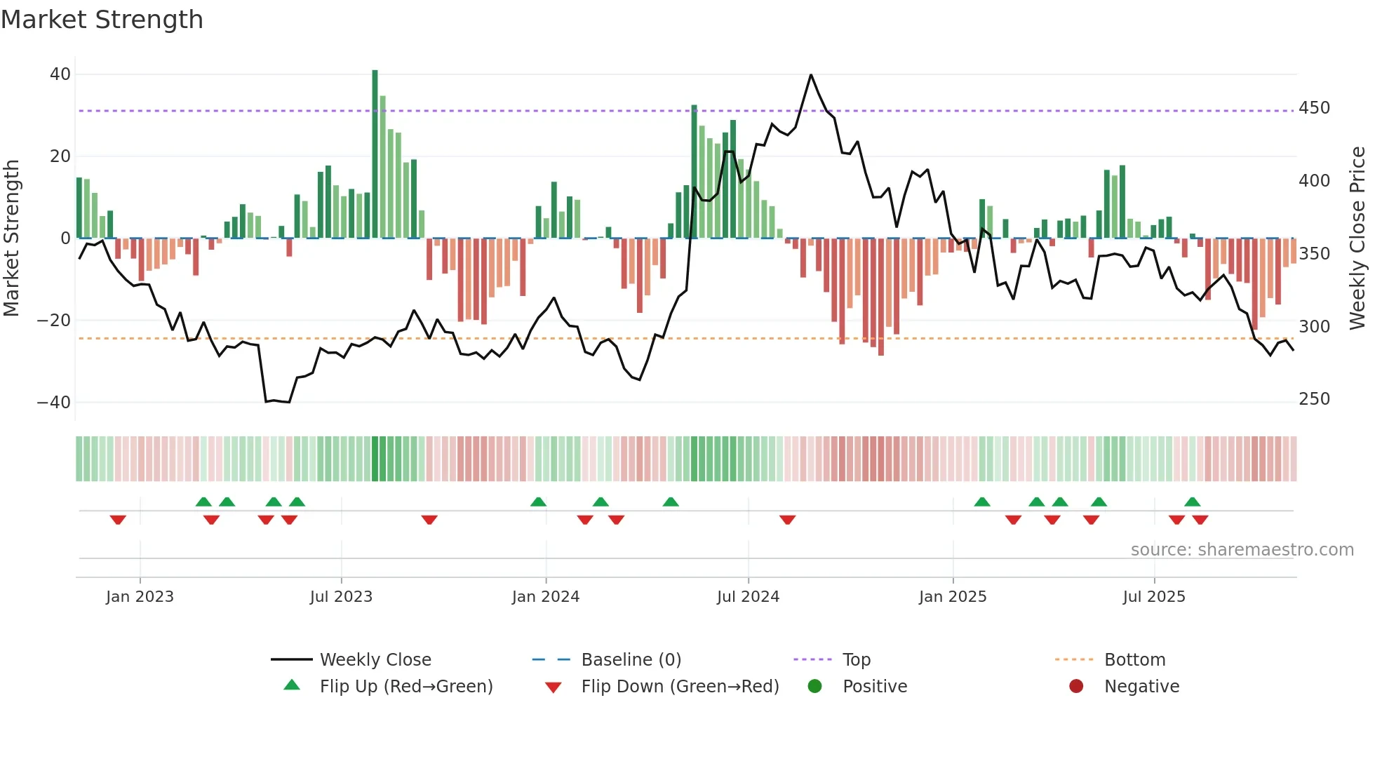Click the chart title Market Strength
click(x=102, y=20)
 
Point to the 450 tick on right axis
click(x=1314, y=108)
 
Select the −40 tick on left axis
click(x=54, y=403)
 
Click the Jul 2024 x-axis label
click(x=748, y=597)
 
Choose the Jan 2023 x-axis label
click(x=140, y=597)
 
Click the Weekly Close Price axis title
click(x=1357, y=238)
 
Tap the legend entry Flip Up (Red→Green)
click(x=406, y=687)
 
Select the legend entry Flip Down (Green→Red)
click(x=680, y=687)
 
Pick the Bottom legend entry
click(x=1134, y=660)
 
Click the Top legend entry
click(x=857, y=660)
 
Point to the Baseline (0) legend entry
click(x=631, y=660)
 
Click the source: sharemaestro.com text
click(x=1242, y=550)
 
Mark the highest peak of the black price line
click(x=811, y=75)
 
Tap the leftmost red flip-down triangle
click(x=118, y=520)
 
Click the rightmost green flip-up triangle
click(x=1193, y=502)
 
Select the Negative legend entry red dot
click(x=1076, y=686)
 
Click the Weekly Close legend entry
click(x=375, y=660)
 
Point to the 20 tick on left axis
click(x=60, y=156)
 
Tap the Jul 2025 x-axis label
click(x=1154, y=597)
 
